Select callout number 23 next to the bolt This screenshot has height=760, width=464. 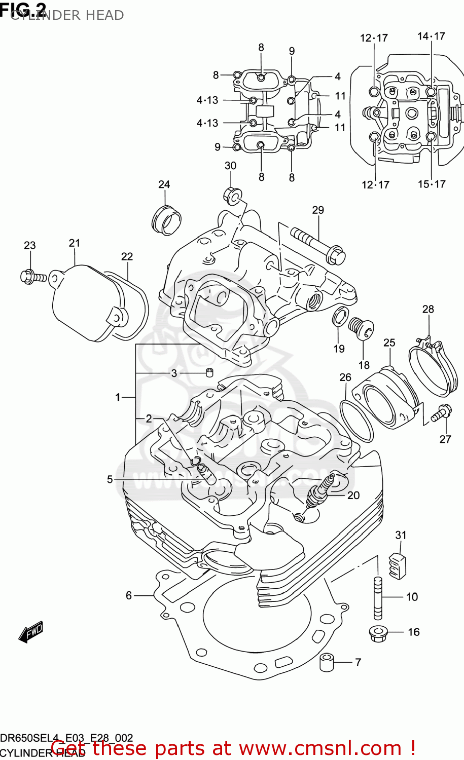(x=30, y=246)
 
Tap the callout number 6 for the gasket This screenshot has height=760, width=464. (x=129, y=595)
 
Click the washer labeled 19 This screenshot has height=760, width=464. (x=340, y=316)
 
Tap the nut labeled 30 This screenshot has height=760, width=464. (x=232, y=195)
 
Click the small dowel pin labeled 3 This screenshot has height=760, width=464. (x=208, y=373)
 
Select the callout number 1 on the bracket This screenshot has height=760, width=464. (x=118, y=397)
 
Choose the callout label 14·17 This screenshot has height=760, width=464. (x=431, y=36)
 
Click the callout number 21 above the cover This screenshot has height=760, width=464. (x=75, y=243)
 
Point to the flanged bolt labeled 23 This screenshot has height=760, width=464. (x=33, y=277)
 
